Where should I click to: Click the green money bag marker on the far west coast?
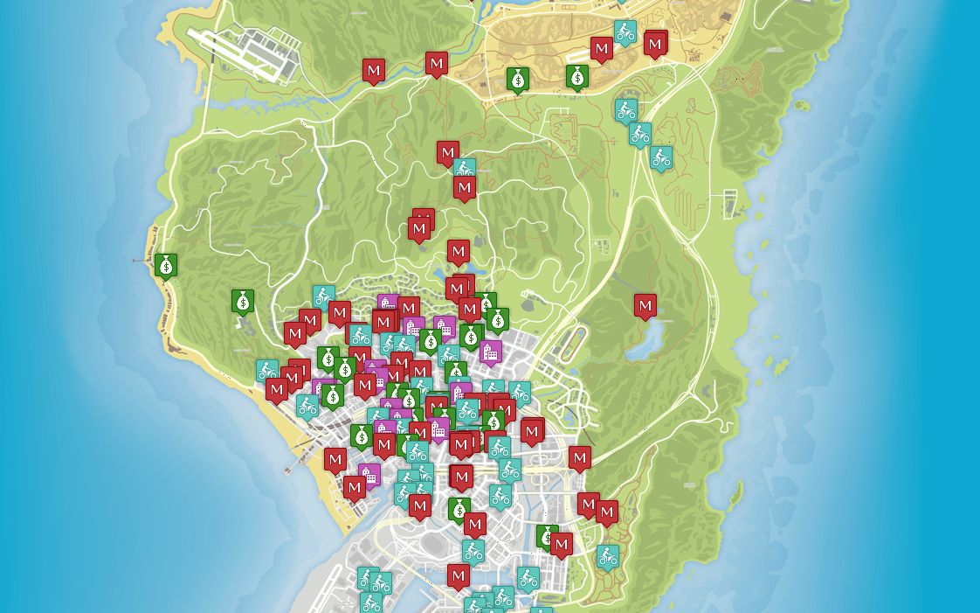[x=166, y=264]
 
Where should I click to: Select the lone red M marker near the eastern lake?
[x=645, y=306]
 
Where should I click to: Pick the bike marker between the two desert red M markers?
[x=625, y=32]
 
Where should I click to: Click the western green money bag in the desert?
[x=518, y=80]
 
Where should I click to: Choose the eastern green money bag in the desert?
[x=576, y=77]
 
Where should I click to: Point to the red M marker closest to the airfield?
[x=374, y=70]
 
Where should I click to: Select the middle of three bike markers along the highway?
[x=640, y=135]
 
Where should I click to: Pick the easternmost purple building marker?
[x=491, y=352]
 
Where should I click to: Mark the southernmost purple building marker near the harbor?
[x=369, y=475]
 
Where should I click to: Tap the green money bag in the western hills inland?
[x=243, y=301]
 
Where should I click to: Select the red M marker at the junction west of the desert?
[x=437, y=63]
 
